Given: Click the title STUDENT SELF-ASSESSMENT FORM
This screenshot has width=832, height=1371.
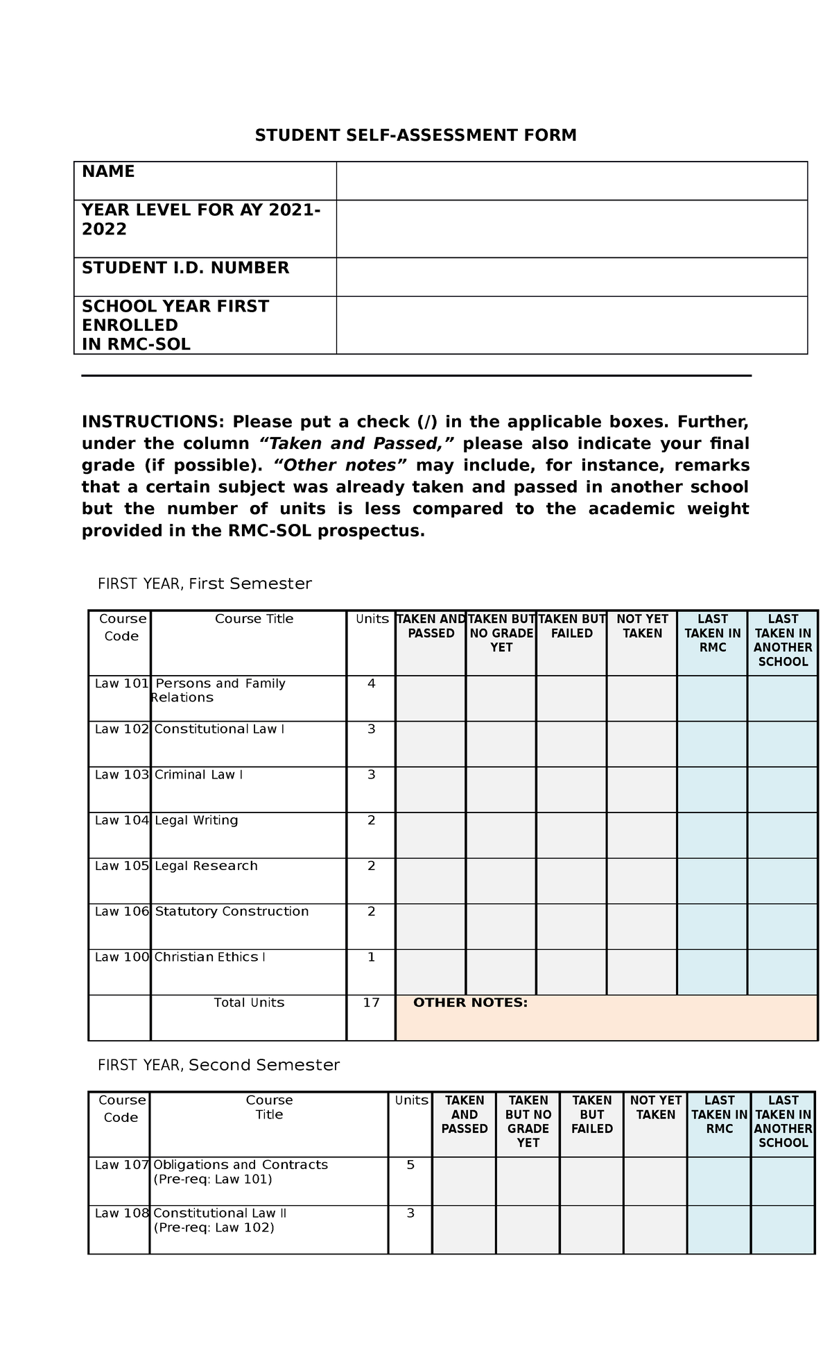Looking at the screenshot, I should tap(415, 135).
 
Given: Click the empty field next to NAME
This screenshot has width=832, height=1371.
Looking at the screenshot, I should tap(571, 181).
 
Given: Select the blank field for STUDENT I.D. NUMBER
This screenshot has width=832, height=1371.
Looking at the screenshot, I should tap(571, 277).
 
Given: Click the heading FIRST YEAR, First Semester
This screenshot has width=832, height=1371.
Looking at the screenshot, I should tap(205, 584).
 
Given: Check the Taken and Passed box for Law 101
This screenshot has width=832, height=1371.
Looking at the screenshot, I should tap(431, 698).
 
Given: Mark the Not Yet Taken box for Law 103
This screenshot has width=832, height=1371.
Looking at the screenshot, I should tap(641, 790).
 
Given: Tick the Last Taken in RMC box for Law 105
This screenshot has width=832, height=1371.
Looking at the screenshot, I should tap(712, 880).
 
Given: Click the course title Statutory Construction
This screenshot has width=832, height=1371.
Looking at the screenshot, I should tap(232, 911).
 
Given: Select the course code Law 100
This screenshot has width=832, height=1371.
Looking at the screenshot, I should tap(121, 957).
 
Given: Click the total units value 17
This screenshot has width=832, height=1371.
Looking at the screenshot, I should tap(371, 1003).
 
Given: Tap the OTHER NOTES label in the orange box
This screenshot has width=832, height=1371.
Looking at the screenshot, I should tap(470, 1003).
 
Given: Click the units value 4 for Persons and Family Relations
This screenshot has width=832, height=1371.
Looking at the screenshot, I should tap(371, 683).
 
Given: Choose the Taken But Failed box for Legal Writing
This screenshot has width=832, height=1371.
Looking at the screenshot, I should tap(571, 835).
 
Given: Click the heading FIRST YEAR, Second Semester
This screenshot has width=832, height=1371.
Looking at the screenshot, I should tap(218, 1064).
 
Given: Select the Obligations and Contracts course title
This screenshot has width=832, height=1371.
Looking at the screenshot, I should tap(241, 1164).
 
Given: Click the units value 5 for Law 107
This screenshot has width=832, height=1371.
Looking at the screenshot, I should tap(410, 1164).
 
